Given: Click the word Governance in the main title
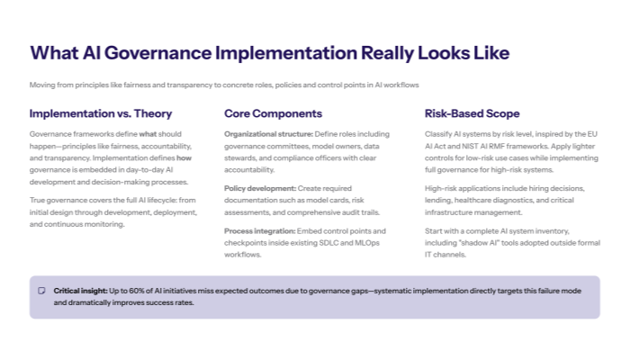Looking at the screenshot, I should click(126, 52).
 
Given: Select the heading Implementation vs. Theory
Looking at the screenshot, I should click(101, 114).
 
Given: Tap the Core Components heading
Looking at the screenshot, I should click(273, 114).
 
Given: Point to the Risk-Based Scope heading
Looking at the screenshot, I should click(472, 114).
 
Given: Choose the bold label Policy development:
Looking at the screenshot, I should click(259, 187).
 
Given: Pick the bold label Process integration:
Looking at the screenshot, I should click(261, 231).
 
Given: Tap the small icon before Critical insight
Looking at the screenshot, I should click(41, 291).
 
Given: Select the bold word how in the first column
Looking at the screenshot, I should click(183, 157).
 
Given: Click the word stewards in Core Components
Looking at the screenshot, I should click(241, 157).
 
